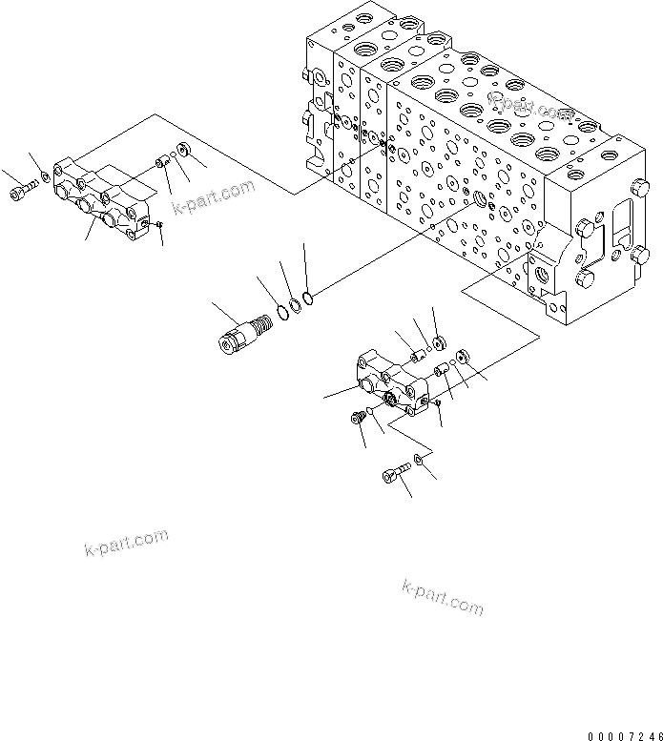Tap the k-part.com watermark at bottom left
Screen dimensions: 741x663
(124, 542)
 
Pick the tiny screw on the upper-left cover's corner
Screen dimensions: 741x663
(159, 225)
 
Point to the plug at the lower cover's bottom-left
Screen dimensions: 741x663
(360, 418)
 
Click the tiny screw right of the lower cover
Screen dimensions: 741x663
(435, 403)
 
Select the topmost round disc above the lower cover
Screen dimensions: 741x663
(438, 341)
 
